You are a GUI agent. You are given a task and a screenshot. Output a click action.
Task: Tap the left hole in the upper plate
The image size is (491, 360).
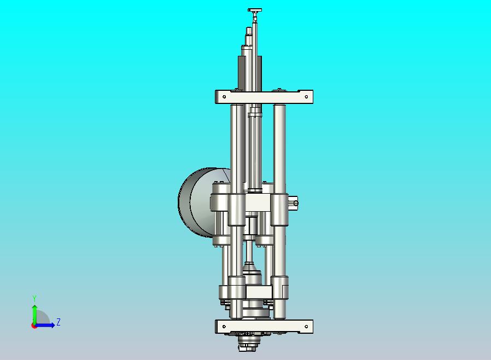pos(224,97)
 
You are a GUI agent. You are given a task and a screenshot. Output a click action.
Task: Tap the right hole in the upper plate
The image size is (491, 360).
pos(306,97)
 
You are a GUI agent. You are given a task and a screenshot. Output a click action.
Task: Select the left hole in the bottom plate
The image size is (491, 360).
pos(224,327)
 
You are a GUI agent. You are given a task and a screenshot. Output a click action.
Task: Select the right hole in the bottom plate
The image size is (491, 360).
pos(306,327)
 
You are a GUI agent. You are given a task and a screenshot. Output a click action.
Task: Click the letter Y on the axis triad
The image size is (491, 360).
pos(34,298)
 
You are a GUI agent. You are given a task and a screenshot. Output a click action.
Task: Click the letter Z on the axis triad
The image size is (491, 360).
pos(59,322)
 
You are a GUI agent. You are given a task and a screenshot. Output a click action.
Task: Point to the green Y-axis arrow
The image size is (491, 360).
pos(34,315)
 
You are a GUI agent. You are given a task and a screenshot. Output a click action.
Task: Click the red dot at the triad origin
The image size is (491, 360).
pos(33,326)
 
